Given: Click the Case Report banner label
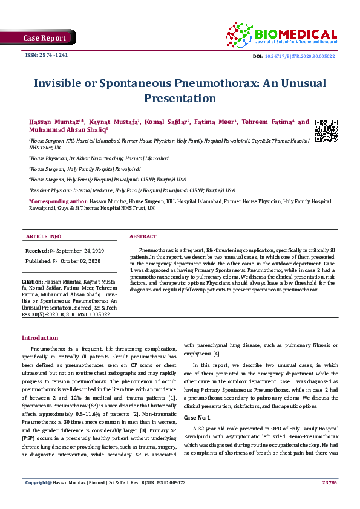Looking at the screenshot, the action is [x=44, y=37].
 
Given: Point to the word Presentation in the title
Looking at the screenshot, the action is [x=180, y=97].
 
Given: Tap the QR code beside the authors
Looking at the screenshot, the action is [x=326, y=131].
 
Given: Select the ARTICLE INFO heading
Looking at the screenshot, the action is [x=43, y=236].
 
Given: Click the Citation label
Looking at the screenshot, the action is [x=31, y=282].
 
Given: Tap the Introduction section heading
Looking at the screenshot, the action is [x=40, y=337].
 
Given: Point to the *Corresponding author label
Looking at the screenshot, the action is [x=58, y=201].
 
